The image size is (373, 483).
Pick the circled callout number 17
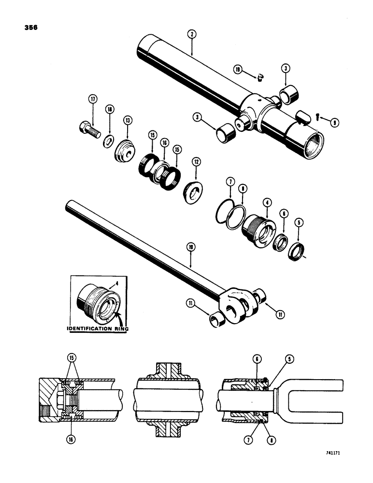pos(92,99)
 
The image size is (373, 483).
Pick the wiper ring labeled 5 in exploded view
pos(295,252)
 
